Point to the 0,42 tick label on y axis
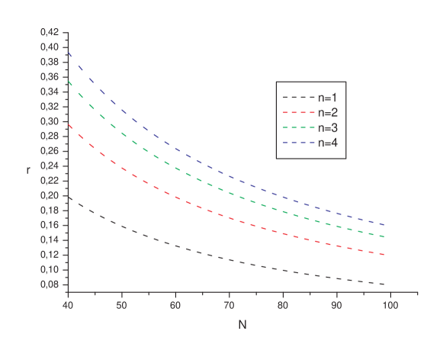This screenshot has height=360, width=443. [49, 32]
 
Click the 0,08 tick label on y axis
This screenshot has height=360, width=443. [49, 284]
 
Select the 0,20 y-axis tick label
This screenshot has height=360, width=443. [49, 195]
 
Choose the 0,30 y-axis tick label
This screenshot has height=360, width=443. [49, 121]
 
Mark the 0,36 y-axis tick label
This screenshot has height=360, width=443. [49, 77]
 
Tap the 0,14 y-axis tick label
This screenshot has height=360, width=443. [49, 240]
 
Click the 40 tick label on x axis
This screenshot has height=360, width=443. [68, 305]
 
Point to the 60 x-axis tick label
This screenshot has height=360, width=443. [175, 305]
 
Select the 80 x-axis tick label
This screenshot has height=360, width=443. [283, 305]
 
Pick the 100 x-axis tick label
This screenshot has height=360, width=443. [390, 305]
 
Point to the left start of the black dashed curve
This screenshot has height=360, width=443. [68, 196]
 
